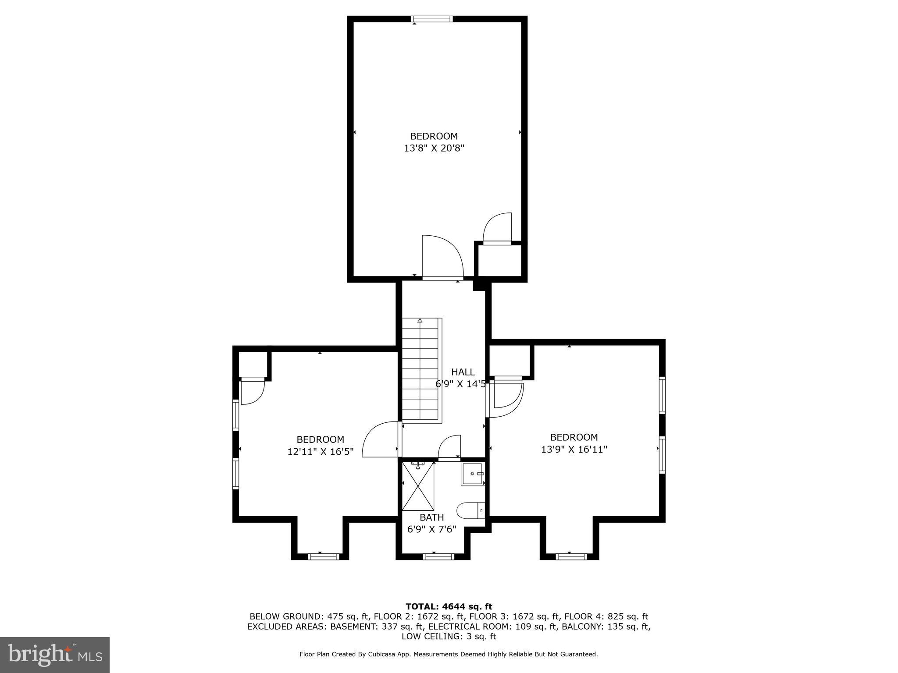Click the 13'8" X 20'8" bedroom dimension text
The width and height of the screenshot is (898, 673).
[434, 148]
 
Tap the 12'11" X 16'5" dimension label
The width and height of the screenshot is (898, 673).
[320, 452]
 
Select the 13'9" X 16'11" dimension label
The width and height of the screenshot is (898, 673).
[574, 450]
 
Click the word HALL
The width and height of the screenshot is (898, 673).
[463, 372]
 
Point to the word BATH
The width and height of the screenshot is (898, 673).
[431, 517]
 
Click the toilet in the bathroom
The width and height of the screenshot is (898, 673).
[470, 510]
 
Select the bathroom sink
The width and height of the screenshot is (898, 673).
[473, 474]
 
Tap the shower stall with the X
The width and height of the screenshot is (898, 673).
[418, 486]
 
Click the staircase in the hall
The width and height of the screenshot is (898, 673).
[420, 370]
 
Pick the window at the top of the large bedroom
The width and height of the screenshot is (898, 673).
[431, 19]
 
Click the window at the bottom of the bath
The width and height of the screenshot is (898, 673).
[438, 557]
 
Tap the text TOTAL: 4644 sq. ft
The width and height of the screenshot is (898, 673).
[449, 606]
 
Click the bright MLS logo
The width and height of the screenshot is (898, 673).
[55, 655]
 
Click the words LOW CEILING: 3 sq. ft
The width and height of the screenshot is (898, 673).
[449, 636]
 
